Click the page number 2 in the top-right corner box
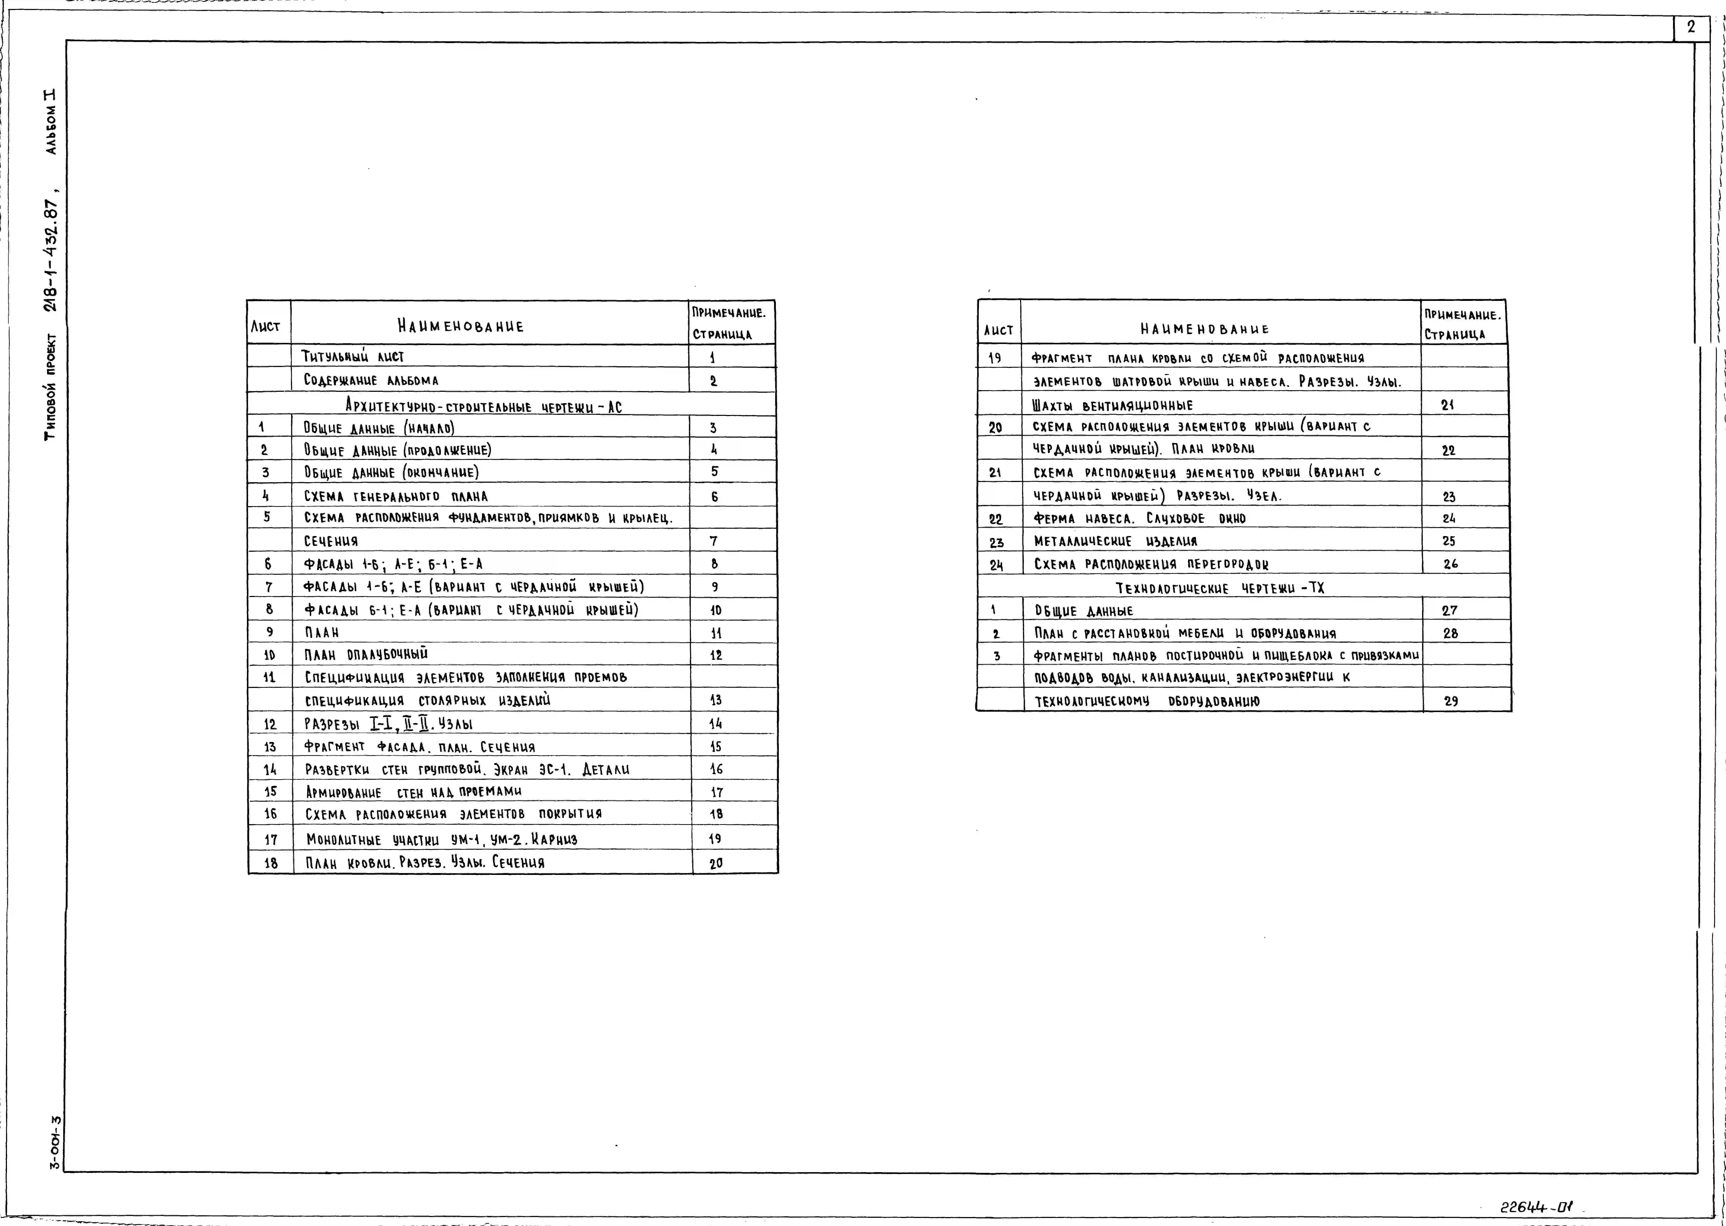1691,27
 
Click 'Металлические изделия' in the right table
1115,541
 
